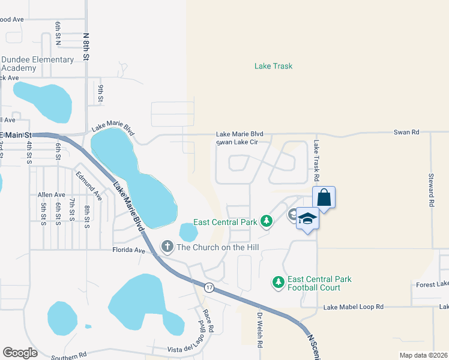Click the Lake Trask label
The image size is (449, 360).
click(273, 66)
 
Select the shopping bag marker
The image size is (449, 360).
click(324, 197)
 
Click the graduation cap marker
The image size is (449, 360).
click(307, 218)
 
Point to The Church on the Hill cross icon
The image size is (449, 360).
click(167, 247)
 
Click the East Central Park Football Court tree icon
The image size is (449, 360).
click(278, 281)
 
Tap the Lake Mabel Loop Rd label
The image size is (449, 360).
click(353, 307)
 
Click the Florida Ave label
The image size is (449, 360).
click(129, 250)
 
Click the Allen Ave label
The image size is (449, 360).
click(51, 195)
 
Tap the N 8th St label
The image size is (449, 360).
click(86, 47)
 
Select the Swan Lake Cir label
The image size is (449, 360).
click(240, 142)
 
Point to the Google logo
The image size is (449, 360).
click(20, 353)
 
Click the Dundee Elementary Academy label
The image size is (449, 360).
click(37, 64)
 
